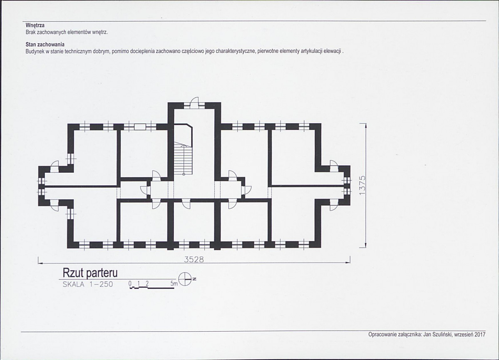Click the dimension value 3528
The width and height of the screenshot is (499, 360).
[x=194, y=259]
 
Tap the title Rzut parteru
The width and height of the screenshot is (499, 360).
[x=90, y=273]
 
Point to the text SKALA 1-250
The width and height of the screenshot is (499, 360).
[x=88, y=284]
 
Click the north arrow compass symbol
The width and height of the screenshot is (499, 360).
[x=185, y=279]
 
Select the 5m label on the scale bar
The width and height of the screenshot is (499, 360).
[x=174, y=283]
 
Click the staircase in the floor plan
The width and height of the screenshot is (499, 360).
[x=183, y=159]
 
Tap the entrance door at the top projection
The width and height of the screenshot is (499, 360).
[x=194, y=103]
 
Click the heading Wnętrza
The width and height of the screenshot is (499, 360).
[x=35, y=25]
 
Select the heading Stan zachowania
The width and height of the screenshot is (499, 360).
[x=45, y=45]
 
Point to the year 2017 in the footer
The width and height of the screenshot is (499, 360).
[x=480, y=335]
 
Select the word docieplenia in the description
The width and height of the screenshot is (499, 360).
[x=143, y=51]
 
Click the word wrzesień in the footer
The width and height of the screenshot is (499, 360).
[x=464, y=335]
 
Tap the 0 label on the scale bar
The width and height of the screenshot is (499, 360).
[x=130, y=283]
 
